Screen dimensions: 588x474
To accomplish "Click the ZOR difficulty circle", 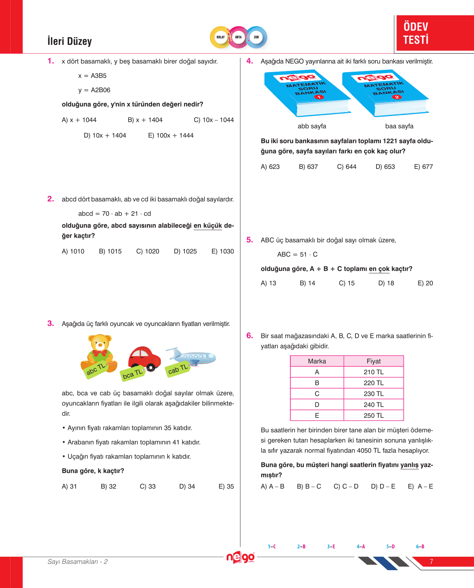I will (x=256, y=37).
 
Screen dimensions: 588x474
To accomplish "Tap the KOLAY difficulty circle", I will (x=220, y=37).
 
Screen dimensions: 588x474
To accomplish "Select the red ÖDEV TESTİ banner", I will (x=435, y=33).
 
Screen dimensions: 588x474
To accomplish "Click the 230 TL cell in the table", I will (x=374, y=394).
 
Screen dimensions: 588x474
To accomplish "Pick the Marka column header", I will (x=317, y=361).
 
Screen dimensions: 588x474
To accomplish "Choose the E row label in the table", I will (x=317, y=415).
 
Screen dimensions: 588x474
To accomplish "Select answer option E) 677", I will (x=423, y=167).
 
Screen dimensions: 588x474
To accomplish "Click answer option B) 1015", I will (x=110, y=251).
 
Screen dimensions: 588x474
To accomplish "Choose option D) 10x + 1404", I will (x=105, y=135).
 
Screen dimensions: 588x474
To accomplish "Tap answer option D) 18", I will (x=386, y=283).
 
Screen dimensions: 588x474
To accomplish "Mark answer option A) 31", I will (x=69, y=486).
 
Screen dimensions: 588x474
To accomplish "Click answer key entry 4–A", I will (x=361, y=546).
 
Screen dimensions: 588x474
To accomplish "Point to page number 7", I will (x=431, y=562).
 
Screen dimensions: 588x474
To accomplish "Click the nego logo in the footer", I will (x=240, y=558).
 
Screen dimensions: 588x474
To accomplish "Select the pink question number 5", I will (x=250, y=240).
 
